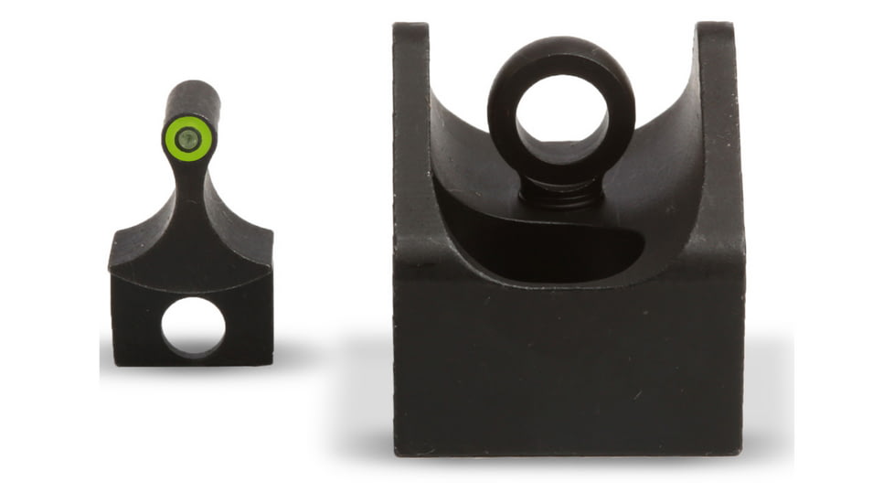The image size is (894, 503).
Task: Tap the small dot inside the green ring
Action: click(x=188, y=138)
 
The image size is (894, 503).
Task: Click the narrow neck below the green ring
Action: click(x=189, y=178)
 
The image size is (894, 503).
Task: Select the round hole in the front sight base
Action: click(x=193, y=326)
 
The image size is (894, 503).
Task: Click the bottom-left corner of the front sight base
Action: click(x=116, y=362)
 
